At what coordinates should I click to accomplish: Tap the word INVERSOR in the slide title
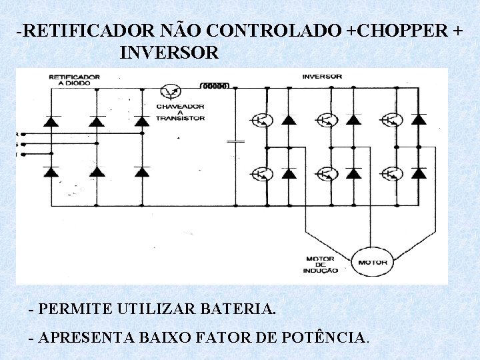point(169,52)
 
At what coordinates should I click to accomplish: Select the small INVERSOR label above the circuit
point(322,77)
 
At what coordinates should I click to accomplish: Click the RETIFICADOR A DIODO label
point(74,80)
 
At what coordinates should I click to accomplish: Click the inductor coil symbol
point(215,86)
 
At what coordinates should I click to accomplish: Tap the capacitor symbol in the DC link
point(235,141)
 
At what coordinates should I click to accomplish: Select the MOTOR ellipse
point(372,262)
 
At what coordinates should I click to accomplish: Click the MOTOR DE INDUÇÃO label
point(321,264)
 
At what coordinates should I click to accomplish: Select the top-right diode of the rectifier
point(141,121)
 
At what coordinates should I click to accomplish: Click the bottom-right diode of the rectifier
point(141,171)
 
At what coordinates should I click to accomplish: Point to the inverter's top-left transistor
point(260,120)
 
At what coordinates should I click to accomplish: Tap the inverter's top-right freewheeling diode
point(419,120)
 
